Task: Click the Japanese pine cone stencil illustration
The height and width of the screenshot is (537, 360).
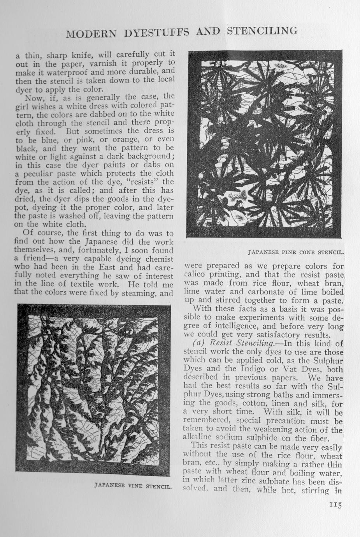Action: [265, 144]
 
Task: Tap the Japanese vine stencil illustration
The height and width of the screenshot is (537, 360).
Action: [93, 389]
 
